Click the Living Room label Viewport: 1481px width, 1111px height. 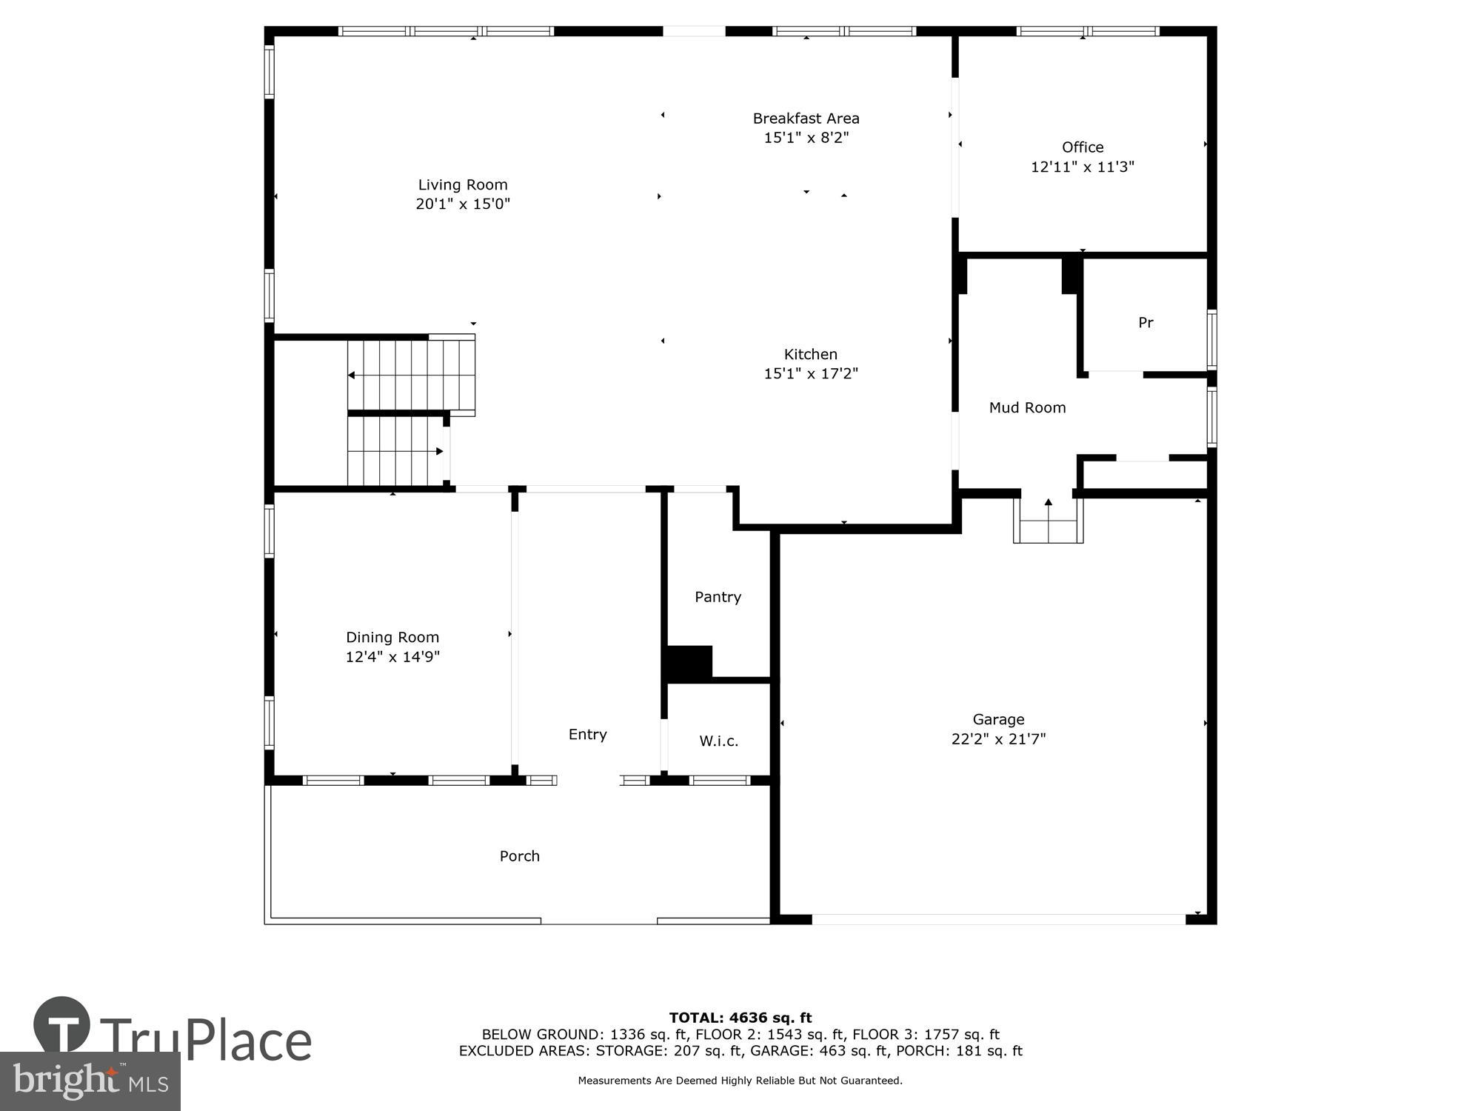[463, 185]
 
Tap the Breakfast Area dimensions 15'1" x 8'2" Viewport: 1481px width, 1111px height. [806, 138]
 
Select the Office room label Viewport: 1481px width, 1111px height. [1082, 147]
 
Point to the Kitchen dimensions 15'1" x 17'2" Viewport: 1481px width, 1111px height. [810, 373]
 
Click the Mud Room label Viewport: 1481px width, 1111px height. [1027, 407]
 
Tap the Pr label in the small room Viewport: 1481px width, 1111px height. [1145, 322]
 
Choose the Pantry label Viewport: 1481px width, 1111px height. [718, 597]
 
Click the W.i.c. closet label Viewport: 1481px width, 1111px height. [718, 741]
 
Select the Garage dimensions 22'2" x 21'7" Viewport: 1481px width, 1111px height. [997, 738]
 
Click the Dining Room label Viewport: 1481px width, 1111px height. [392, 637]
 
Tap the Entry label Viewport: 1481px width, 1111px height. [587, 734]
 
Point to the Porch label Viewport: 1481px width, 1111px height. [519, 856]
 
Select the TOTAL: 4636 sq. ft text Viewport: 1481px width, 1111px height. [740, 1018]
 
